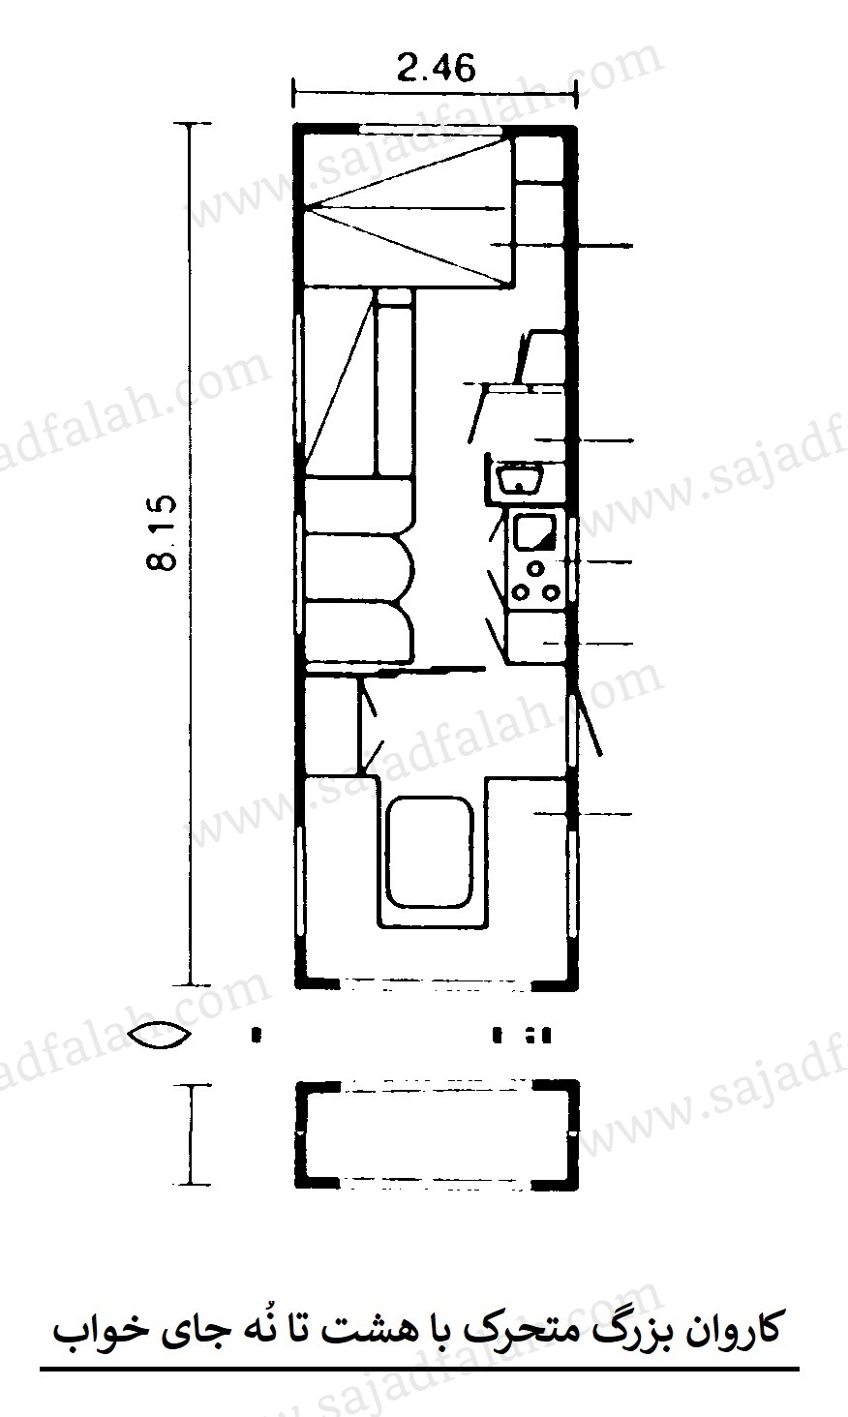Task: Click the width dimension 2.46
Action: (x=436, y=68)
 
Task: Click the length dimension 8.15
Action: (x=162, y=532)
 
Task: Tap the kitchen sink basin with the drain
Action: (x=519, y=477)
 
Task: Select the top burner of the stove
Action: (x=536, y=568)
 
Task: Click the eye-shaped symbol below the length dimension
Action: (x=161, y=1036)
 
